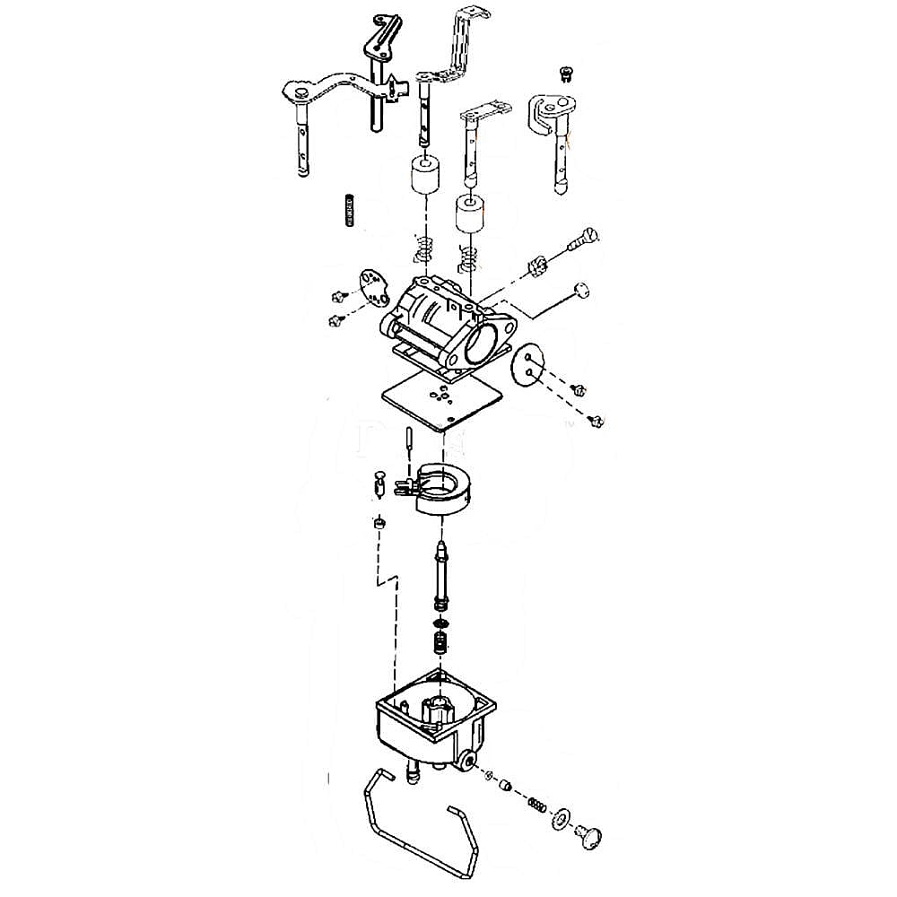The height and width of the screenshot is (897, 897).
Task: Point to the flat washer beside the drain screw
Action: [x=562, y=818]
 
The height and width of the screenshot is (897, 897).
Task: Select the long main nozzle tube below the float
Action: [x=440, y=574]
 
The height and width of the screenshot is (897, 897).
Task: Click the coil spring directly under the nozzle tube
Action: [x=440, y=644]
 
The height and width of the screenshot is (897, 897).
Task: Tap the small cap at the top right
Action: [x=564, y=72]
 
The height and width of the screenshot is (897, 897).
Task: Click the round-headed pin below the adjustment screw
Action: [x=581, y=289]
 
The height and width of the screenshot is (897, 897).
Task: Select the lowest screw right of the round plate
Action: [x=596, y=420]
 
